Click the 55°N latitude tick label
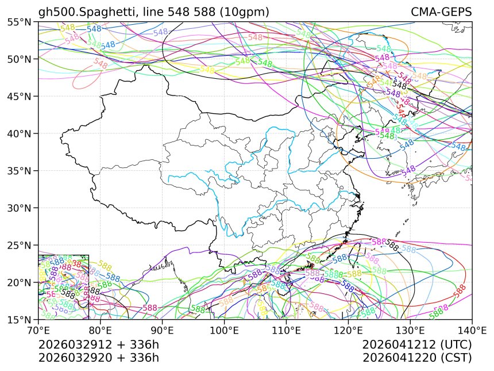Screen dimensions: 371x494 [x=20, y=22]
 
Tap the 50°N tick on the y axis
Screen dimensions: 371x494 [x=20, y=59]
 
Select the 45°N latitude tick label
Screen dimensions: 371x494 [x=20, y=96]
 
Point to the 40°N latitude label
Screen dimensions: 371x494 [x=20, y=133]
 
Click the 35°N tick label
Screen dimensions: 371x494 [x=20, y=171]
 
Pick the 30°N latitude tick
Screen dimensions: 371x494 [x=20, y=208]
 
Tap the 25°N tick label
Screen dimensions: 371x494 [x=20, y=245]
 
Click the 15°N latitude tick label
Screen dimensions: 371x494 [x=20, y=319]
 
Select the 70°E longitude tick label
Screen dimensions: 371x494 [x=38, y=331]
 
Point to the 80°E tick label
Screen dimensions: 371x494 [x=101, y=331]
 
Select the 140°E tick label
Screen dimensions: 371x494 [x=471, y=331]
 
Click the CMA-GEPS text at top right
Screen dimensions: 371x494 [x=441, y=12]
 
